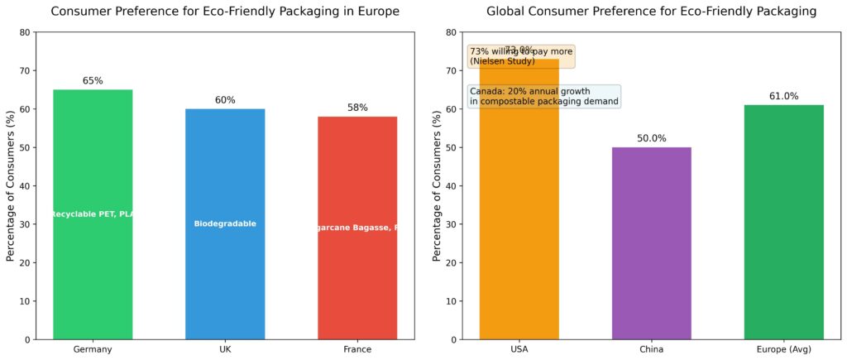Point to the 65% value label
(93, 81)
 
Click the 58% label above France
(357, 108)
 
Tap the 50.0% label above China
(652, 138)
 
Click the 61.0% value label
(784, 96)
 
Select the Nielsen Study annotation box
(521, 56)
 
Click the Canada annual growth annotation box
(544, 96)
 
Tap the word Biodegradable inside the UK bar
(225, 224)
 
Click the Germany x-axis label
(93, 350)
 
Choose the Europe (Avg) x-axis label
(784, 350)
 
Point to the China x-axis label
(652, 350)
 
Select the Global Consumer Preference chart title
(652, 12)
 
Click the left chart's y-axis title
(11, 186)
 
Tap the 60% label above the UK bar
(225, 100)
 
